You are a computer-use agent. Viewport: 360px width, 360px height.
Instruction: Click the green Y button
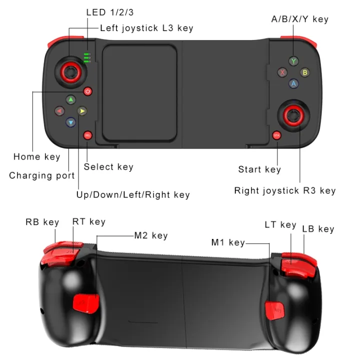(x=293, y=61)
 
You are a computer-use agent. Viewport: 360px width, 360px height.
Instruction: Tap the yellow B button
(x=304, y=72)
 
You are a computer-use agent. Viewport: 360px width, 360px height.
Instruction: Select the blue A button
(x=293, y=83)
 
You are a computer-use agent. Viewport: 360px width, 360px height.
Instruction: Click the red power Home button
(x=88, y=91)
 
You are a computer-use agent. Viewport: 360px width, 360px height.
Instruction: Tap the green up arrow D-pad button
(x=70, y=99)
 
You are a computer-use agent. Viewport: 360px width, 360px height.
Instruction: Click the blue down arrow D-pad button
(x=70, y=121)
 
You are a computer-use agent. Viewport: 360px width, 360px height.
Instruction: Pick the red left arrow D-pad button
(x=59, y=111)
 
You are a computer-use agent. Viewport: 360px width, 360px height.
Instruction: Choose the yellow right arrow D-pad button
(x=82, y=111)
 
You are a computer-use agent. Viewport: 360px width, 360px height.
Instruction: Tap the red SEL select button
(x=88, y=135)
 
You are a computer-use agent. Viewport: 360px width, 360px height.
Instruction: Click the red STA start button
(x=276, y=135)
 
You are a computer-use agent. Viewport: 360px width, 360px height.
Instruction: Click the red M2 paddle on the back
(x=82, y=303)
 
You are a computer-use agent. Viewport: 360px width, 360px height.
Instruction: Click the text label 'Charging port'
(x=42, y=175)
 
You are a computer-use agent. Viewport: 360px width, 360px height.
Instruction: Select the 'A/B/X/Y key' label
(x=299, y=19)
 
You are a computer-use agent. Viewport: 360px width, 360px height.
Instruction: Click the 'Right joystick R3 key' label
(x=285, y=190)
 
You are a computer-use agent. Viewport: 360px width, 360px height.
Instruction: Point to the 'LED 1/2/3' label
(x=110, y=11)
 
